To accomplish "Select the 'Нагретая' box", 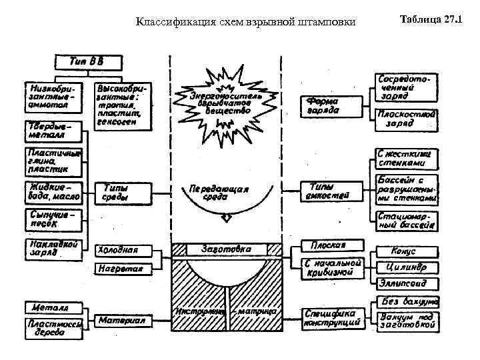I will click(x=123, y=268).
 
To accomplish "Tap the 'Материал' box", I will click(x=123, y=320).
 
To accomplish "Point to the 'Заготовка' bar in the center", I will click(x=227, y=249).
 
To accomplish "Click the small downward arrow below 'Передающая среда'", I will click(x=227, y=217).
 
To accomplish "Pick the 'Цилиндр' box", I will click(x=406, y=267).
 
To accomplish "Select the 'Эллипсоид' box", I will click(x=406, y=284).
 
